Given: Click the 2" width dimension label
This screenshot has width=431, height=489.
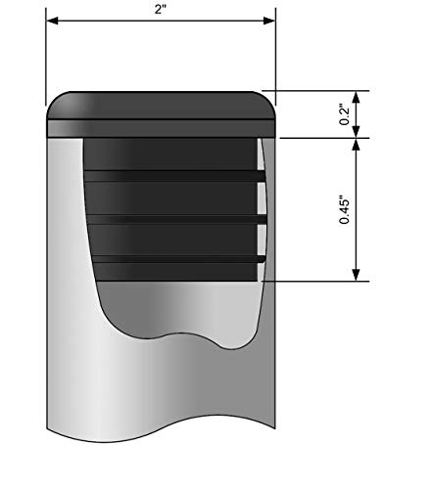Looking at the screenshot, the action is point(161,9).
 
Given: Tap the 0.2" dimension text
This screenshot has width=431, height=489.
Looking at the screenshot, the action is point(344,114).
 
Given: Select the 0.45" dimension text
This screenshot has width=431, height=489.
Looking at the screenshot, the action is point(344,209).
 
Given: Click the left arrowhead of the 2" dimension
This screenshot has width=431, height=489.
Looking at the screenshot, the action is point(53,21).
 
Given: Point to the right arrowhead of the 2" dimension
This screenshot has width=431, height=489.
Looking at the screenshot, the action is point(269,21).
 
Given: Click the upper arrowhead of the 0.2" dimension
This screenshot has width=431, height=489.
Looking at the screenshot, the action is point(357,97).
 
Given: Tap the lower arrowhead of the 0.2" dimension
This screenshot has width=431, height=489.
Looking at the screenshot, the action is point(357,132).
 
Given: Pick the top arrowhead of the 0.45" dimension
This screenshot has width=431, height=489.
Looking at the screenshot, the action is point(357,145).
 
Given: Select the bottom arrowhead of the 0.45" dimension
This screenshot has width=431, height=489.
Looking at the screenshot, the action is point(357,275).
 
